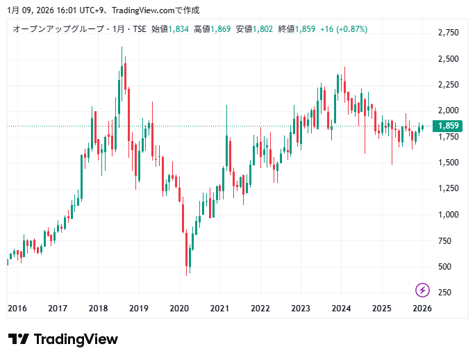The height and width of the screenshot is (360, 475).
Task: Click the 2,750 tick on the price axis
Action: click(x=449, y=33)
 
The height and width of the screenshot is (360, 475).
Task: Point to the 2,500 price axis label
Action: click(x=449, y=59)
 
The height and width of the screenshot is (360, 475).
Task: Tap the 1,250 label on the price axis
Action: click(x=449, y=188)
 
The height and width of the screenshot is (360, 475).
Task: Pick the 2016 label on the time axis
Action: click(x=17, y=308)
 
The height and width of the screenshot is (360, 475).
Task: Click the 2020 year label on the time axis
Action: click(x=179, y=308)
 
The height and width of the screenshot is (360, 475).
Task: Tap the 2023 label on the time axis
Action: click(x=301, y=308)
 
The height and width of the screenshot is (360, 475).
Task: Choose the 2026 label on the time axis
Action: click(x=422, y=308)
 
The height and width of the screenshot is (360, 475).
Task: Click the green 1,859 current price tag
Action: click(x=446, y=126)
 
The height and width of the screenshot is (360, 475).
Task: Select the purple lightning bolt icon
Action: click(x=422, y=290)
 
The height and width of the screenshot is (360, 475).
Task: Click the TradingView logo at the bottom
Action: click(x=63, y=339)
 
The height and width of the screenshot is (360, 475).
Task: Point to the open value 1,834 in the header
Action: click(x=178, y=29)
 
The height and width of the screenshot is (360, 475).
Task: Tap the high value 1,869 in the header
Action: click(x=221, y=29)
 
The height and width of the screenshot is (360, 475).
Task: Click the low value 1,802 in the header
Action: click(x=263, y=29)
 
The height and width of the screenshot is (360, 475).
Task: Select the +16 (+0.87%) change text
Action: click(x=344, y=29)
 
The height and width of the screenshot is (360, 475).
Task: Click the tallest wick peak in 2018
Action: click(x=122, y=48)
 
